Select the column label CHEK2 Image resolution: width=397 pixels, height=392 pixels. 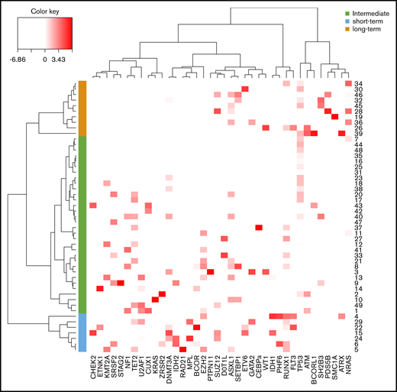93,368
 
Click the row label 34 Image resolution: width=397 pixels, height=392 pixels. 358,83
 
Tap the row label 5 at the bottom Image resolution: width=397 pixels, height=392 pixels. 356,350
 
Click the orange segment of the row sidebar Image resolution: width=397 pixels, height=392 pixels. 82,108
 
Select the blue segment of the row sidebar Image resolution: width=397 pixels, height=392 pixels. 82,332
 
